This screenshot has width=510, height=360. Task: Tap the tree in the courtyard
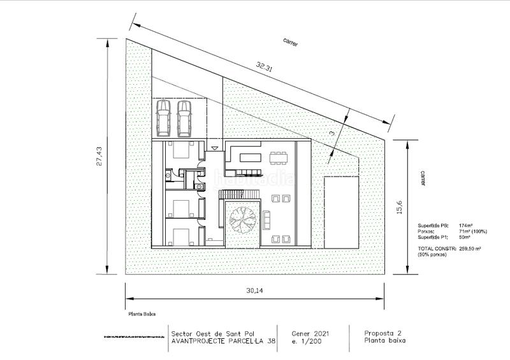tap(242, 220)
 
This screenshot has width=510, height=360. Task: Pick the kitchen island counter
tap(250, 156)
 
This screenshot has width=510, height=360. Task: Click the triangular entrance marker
tap(215, 148)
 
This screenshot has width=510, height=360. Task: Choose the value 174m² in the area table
tap(465, 225)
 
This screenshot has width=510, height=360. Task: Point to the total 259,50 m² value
tap(469, 248)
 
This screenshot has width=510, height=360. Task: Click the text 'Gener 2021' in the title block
tap(310, 333)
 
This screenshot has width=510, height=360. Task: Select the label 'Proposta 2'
tap(384, 333)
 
